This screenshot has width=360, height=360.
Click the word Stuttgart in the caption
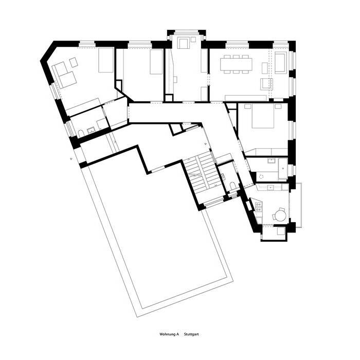(x=191, y=334)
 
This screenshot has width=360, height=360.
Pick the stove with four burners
(x=259, y=207)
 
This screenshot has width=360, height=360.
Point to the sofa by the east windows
(x=280, y=62)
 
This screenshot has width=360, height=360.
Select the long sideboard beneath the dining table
(x=245, y=97)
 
